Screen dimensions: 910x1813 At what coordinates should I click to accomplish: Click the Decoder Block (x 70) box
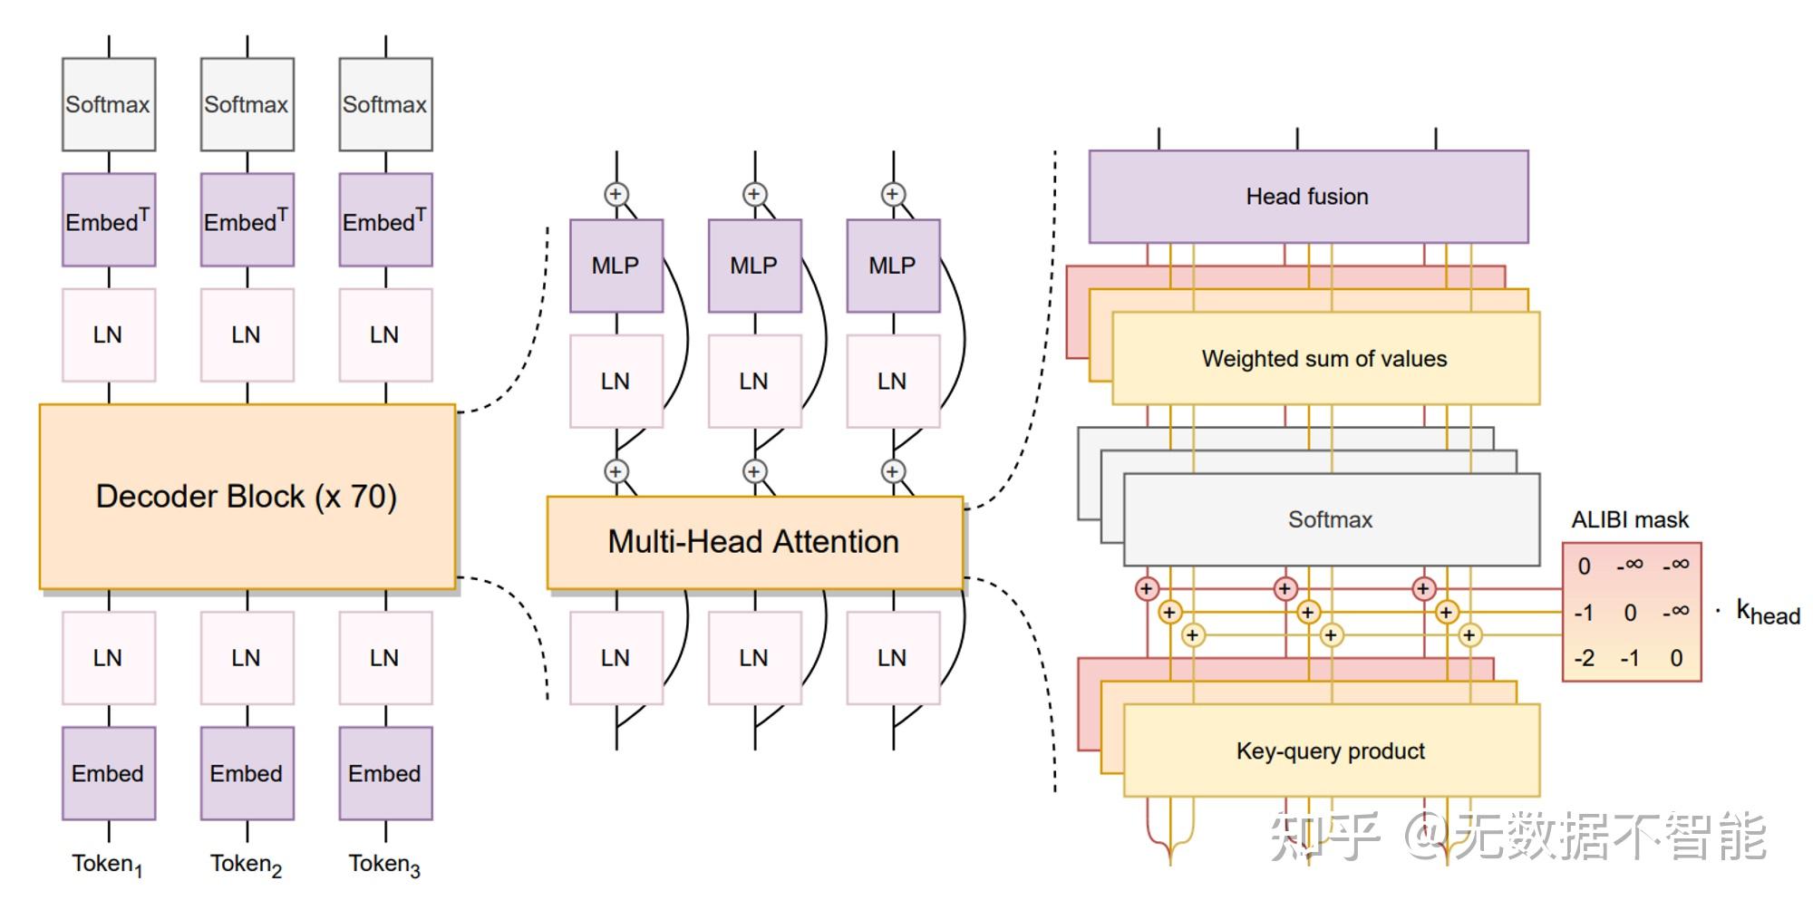247,497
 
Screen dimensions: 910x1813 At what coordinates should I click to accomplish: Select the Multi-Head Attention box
754,542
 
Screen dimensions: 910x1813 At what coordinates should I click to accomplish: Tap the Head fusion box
1307,197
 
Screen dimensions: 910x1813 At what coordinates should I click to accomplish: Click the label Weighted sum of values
1324,359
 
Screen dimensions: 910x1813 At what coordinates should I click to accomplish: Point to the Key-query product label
1330,751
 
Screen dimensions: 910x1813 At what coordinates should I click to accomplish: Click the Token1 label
107,865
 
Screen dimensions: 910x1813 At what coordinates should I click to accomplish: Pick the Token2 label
246,865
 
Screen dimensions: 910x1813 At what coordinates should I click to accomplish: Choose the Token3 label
384,865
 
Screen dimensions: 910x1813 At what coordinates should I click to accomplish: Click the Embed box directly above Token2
247,773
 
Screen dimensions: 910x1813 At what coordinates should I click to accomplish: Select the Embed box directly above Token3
385,773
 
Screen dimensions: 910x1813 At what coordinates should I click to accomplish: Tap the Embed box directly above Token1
108,773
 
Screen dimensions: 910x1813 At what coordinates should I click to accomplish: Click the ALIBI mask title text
1630,520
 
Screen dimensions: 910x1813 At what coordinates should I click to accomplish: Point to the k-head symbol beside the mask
1767,613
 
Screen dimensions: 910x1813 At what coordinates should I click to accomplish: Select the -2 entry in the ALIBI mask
1584,658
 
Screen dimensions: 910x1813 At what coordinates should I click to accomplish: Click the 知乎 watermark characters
1323,836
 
